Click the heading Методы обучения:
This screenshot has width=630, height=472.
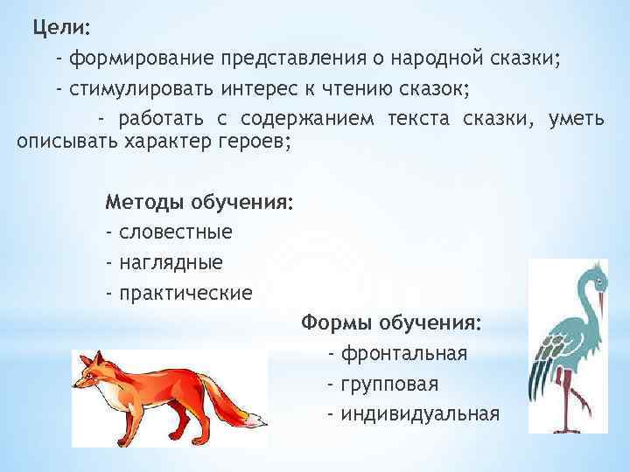(x=199, y=203)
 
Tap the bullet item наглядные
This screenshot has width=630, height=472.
(x=171, y=262)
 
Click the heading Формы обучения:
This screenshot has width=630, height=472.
(x=391, y=323)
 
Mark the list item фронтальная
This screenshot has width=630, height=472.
(x=403, y=354)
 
